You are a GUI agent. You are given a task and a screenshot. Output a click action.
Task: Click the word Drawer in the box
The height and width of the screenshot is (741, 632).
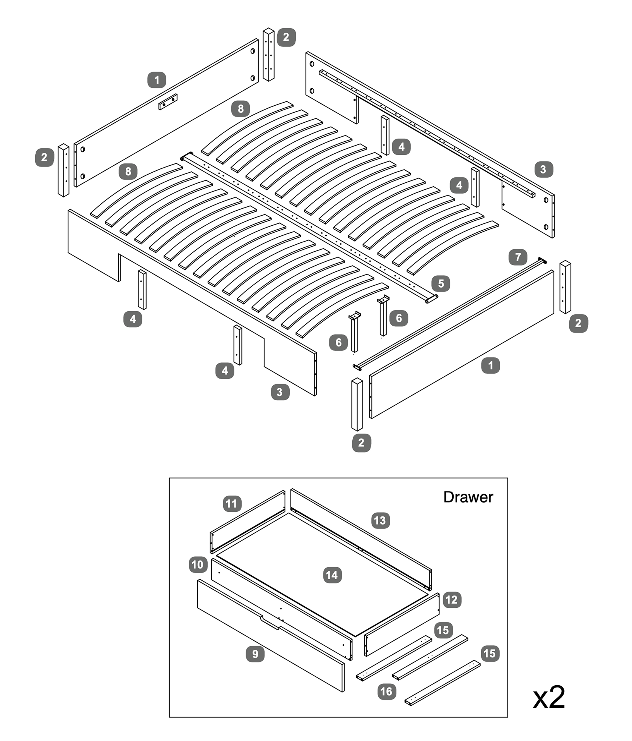tap(468, 497)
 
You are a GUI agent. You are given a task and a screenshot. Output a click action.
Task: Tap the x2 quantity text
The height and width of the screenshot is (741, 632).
tap(548, 697)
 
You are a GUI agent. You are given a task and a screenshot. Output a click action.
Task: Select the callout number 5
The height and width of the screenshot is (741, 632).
tap(441, 283)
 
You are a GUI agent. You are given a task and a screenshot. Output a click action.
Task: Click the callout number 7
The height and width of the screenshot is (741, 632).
tap(518, 257)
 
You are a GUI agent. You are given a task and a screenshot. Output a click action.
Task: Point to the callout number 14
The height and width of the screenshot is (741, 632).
tap(332, 575)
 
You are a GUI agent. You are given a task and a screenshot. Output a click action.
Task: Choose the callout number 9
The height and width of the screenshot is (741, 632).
tap(255, 654)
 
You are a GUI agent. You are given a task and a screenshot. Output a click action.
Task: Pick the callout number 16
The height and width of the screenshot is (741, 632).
tap(386, 691)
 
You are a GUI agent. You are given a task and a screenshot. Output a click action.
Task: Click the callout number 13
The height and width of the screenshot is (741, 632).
tap(380, 520)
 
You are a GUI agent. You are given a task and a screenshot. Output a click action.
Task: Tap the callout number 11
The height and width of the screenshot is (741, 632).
tap(232, 504)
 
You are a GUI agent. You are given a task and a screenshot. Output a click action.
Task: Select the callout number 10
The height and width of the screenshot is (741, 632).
tap(198, 564)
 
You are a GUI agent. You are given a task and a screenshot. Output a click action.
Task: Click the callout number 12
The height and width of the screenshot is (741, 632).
tap(451, 600)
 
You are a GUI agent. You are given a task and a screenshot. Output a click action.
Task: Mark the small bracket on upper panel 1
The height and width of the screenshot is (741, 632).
tap(168, 102)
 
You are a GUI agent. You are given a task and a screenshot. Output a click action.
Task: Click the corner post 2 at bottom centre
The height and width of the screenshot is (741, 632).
tap(357, 405)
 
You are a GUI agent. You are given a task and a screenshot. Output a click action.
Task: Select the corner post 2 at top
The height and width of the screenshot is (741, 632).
tap(268, 54)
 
